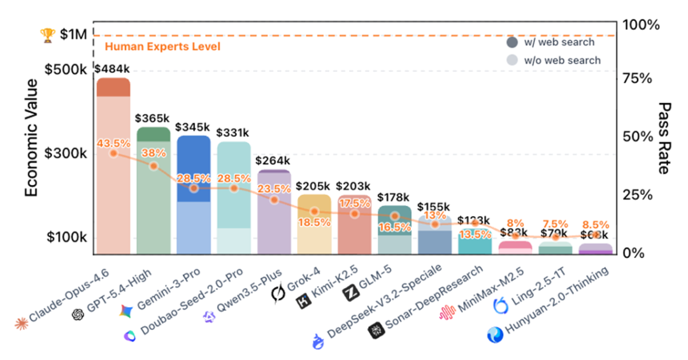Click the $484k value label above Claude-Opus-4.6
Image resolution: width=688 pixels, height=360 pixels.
coord(112,68)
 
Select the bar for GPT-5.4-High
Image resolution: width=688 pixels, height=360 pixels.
coord(154,191)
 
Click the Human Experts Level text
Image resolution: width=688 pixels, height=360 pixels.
coord(162,47)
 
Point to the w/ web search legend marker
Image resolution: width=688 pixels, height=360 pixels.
coord(512,43)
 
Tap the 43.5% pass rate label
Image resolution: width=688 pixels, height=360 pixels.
coord(113,144)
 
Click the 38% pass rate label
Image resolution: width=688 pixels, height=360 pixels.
coord(154,153)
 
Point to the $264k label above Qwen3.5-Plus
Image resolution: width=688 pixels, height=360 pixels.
coord(273,161)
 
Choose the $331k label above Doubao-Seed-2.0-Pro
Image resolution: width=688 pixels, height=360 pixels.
coord(234,133)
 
